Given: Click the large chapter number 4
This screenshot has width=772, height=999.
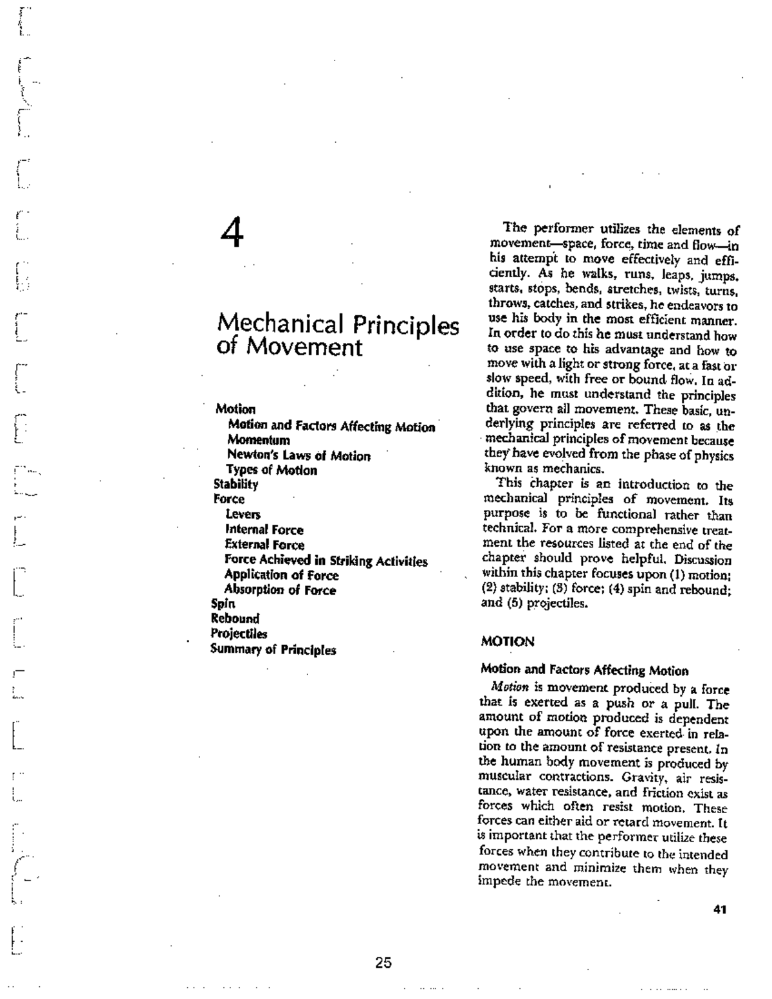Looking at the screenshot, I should pos(232,234).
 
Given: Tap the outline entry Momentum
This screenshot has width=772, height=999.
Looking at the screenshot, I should pos(259,441).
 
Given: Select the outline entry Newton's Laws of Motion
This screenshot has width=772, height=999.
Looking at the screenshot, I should pos(299,456).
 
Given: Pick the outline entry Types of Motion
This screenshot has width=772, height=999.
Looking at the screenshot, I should pos(271,470).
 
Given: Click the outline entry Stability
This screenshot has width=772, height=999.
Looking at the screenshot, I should pos(235,484).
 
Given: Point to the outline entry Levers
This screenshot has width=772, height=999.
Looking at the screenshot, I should pos(243,515).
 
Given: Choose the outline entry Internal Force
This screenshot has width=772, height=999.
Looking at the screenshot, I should pos(264,530).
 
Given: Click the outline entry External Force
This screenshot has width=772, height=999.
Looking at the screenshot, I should pos(264,545).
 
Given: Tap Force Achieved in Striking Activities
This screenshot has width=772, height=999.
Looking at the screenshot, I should pos(326,561).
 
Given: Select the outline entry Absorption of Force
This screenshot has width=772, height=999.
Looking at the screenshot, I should pos(280,590).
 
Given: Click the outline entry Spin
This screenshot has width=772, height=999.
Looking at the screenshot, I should pos(223,604).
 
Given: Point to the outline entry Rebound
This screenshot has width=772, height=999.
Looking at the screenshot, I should pos(235,619).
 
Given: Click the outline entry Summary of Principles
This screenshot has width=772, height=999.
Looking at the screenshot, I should pos(273,650).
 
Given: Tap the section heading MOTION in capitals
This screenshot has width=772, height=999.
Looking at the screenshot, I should pos(508,642).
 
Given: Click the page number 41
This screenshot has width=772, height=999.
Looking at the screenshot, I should pos(720,910).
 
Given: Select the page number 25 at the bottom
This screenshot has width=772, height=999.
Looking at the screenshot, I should pos(383,963).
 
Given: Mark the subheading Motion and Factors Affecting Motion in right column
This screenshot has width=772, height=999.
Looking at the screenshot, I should pos(584,670).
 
